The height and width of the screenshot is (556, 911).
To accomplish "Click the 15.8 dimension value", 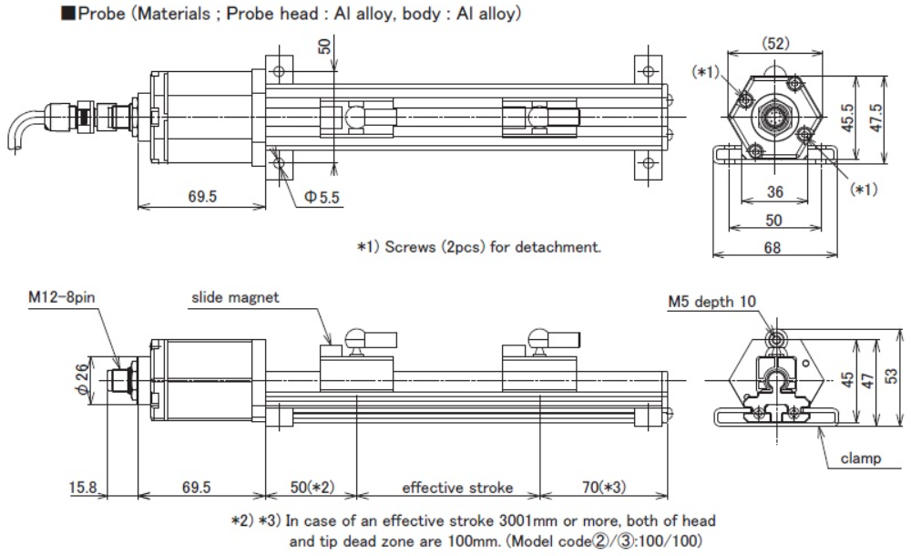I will click(84, 488).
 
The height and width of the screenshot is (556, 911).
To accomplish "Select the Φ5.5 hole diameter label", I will click(322, 197).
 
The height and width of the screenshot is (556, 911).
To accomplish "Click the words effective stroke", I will click(457, 488).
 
